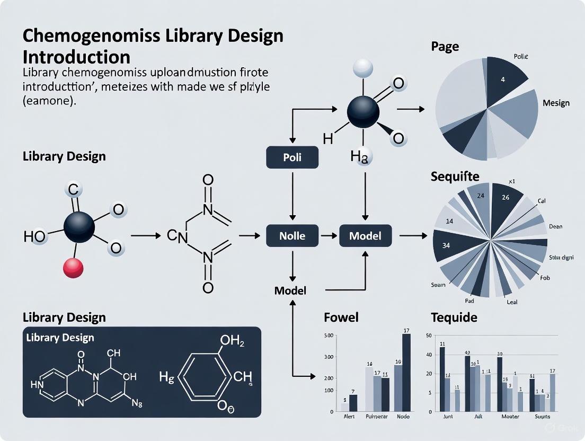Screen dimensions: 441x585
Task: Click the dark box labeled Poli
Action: (x=292, y=157)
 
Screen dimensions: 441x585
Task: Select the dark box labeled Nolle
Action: (x=292, y=235)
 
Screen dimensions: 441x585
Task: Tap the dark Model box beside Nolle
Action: (x=366, y=235)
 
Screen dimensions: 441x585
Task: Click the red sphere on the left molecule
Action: (x=73, y=268)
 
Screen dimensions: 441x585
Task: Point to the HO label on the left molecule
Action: (x=35, y=236)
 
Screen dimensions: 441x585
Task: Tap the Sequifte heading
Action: (x=456, y=177)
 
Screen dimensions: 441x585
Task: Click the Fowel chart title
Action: (x=341, y=317)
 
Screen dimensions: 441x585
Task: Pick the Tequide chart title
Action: (x=454, y=317)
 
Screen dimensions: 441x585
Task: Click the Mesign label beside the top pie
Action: (x=556, y=103)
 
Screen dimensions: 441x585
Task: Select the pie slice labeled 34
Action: (x=446, y=246)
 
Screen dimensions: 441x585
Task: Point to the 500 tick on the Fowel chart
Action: (x=328, y=335)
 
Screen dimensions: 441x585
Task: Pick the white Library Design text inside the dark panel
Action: (x=60, y=338)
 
